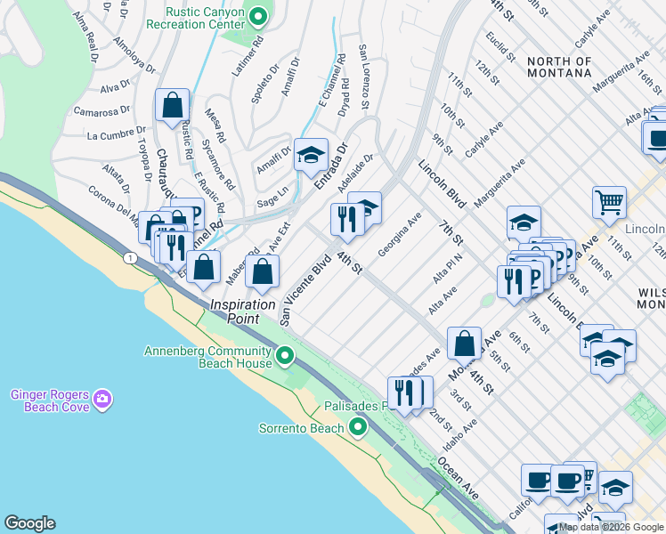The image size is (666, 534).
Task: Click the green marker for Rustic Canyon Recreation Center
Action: tap(258, 16)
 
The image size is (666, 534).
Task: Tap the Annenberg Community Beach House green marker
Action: tap(285, 357)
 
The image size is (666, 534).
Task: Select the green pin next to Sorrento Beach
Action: tap(358, 428)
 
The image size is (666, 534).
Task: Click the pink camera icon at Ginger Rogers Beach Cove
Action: tap(102, 400)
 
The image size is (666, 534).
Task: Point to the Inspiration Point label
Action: tap(242, 311)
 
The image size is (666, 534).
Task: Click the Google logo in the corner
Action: tap(29, 523)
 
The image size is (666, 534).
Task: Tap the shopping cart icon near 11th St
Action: tap(609, 201)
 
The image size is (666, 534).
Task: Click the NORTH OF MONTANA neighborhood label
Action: tap(559, 67)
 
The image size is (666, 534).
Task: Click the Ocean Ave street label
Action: tap(458, 479)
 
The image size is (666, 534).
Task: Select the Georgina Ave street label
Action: tap(399, 234)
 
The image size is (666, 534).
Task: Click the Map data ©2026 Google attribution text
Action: tap(611, 527)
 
